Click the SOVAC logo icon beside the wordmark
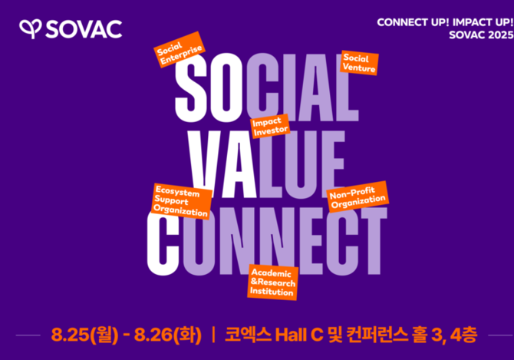(30, 29)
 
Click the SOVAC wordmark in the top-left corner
(84, 29)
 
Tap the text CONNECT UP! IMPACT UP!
(445, 22)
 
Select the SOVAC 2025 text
(481, 35)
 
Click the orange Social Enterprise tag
(180, 49)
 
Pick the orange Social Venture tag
(359, 63)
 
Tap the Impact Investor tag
(270, 126)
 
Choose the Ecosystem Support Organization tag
(182, 201)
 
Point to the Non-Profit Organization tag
(357, 197)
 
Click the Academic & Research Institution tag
(273, 282)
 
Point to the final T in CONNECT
(371, 241)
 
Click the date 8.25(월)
(84, 335)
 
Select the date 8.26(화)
(167, 335)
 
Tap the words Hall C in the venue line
(299, 335)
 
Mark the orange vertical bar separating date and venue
(214, 335)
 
